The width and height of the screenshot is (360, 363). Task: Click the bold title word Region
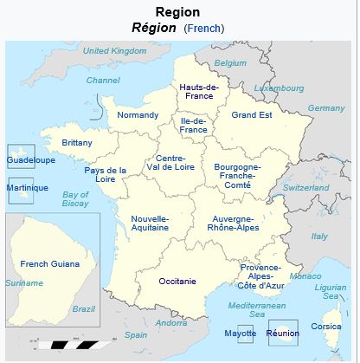pos(178,12)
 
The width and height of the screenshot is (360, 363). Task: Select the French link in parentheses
pos(203,29)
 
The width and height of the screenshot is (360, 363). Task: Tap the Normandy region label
pos(138,115)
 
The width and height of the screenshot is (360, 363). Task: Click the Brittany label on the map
pos(77,143)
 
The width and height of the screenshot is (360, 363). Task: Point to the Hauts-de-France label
pos(198,92)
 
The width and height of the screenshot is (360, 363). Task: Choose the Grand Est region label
pos(252,114)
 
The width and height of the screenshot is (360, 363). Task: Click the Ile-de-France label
pos(193,124)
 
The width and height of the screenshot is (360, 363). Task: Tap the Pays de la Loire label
pos(106,175)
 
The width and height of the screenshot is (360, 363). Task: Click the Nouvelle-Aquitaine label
pos(150,223)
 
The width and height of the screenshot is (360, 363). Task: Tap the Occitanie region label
pos(177,282)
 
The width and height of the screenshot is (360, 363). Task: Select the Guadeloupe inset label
pos(30,160)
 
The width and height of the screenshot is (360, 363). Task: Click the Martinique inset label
pos(27,188)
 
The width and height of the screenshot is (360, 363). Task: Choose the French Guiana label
pos(49,263)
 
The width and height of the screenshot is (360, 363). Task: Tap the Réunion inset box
pos(282,333)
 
